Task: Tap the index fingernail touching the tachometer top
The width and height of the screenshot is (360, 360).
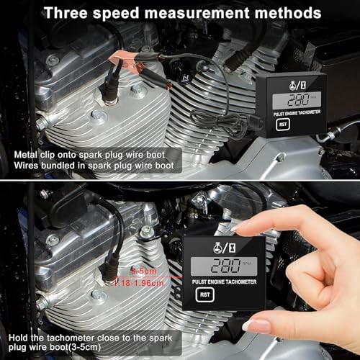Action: click(242, 225)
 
